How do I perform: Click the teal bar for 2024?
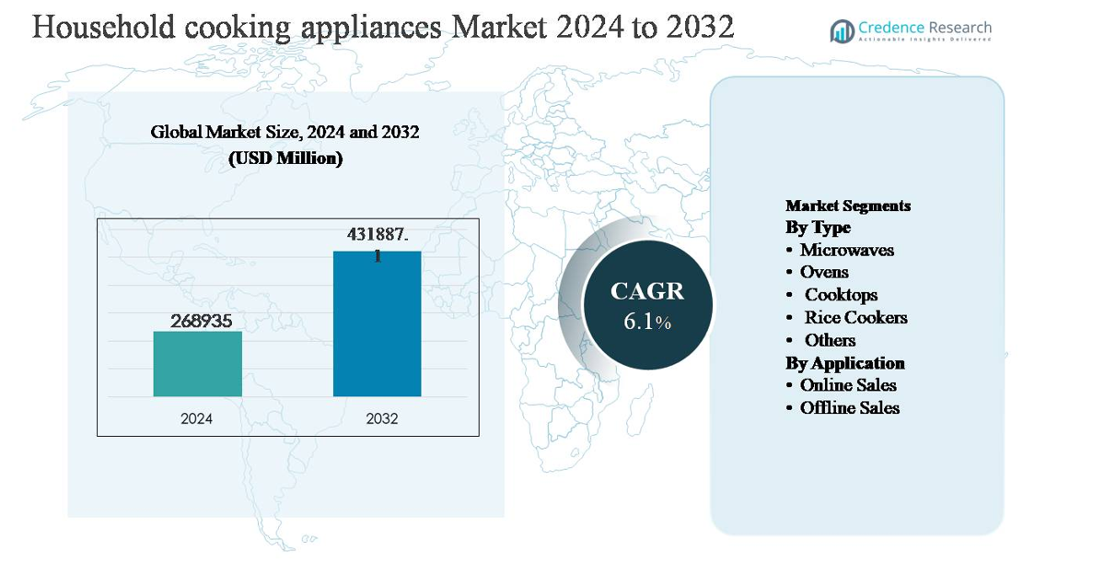pyautogui.click(x=197, y=364)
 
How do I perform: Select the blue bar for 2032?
pyautogui.click(x=377, y=323)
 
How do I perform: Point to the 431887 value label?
pyautogui.click(x=378, y=236)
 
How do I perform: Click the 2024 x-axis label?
pyautogui.click(x=196, y=418)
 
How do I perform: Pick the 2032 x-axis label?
pyautogui.click(x=381, y=418)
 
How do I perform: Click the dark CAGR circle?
pyautogui.click(x=647, y=304)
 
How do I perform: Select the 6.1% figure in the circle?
pyautogui.click(x=647, y=323)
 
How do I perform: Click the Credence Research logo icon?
pyautogui.click(x=842, y=31)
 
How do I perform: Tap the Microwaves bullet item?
pyautogui.click(x=846, y=250)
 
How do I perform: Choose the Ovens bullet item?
pyautogui.click(x=824, y=272)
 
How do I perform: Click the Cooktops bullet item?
pyautogui.click(x=841, y=295)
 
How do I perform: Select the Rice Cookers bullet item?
pyautogui.click(x=855, y=317)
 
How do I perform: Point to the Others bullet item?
pyautogui.click(x=830, y=340)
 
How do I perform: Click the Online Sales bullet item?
pyautogui.click(x=847, y=385)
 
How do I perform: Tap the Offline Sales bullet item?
pyautogui.click(x=849, y=407)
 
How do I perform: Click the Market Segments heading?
pyautogui.click(x=847, y=206)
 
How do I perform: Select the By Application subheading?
pyautogui.click(x=844, y=362)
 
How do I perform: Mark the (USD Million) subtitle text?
pyautogui.click(x=285, y=159)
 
